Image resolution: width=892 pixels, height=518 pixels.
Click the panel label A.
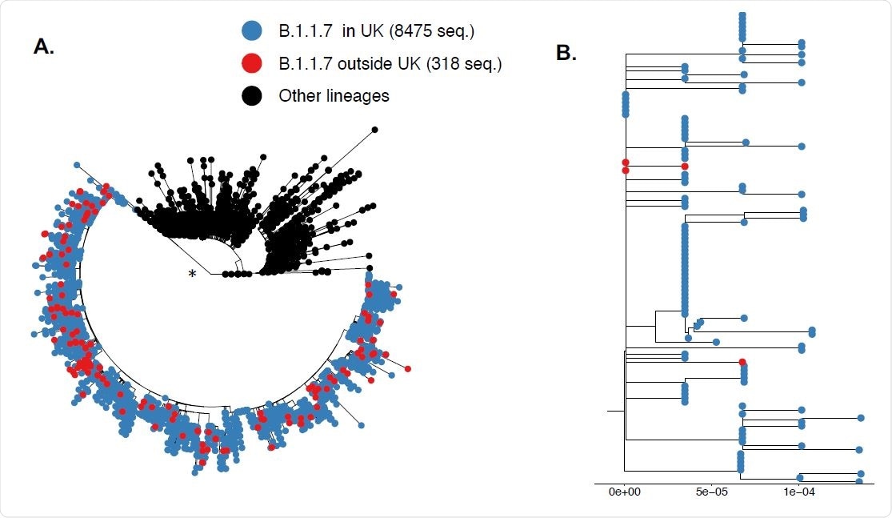44,46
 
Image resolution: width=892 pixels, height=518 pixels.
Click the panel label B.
566,54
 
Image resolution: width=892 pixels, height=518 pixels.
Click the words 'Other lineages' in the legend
334,96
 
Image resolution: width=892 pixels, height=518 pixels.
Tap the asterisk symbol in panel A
191,275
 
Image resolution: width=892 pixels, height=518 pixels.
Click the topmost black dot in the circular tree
374,129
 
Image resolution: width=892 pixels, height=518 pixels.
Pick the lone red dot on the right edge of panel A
408,369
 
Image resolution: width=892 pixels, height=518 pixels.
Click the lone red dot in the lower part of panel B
742,363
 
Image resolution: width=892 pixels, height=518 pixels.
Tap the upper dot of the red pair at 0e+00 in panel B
625,163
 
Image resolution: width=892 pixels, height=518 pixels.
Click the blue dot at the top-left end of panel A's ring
77,165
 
